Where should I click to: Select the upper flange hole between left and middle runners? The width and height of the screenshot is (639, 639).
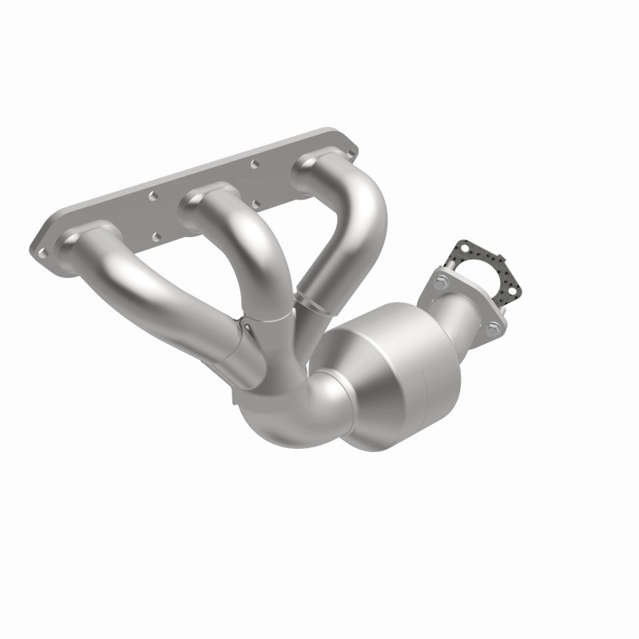pos(153,194)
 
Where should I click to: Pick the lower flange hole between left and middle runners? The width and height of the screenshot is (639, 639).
pos(157,236)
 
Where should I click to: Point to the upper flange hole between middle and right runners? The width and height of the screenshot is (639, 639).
pos(254,164)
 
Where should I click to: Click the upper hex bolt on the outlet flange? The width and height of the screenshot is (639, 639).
pos(441,280)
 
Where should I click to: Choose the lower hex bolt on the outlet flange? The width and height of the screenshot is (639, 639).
pos(493,327)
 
